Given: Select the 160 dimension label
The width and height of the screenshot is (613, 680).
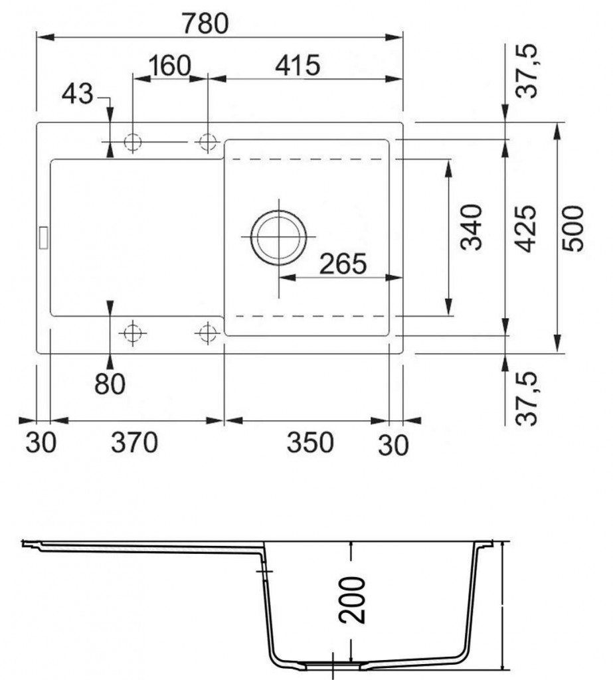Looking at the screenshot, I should point(169,66).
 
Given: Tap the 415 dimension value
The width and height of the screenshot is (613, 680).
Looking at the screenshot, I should point(298,66).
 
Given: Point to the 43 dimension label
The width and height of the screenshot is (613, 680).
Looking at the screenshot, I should point(78,95).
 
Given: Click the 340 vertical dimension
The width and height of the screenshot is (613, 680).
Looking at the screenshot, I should point(471,227).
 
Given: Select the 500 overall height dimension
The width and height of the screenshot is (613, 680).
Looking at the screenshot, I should point(572,228).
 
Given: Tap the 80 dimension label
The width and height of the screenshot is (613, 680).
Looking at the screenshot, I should point(110,384).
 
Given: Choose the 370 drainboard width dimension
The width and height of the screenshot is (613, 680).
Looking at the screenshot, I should point(134,442).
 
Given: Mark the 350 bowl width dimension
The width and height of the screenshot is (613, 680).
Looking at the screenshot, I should point(309,442).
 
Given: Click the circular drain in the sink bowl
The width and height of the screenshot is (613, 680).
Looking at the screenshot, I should point(279,237).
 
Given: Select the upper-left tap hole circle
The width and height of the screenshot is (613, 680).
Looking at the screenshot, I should point(133,141).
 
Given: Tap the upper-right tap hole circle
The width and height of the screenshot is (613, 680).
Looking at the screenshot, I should point(209,141).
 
